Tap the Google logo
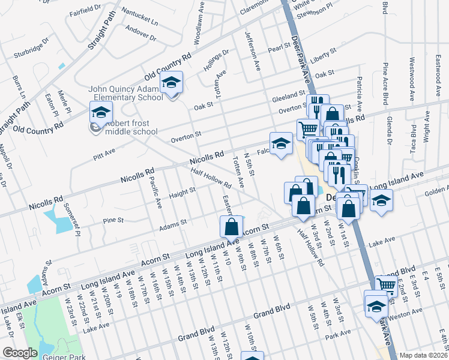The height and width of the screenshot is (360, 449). click(x=19, y=353)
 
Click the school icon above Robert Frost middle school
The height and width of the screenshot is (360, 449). click(x=101, y=112)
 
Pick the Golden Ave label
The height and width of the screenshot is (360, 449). click(x=437, y=191)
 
